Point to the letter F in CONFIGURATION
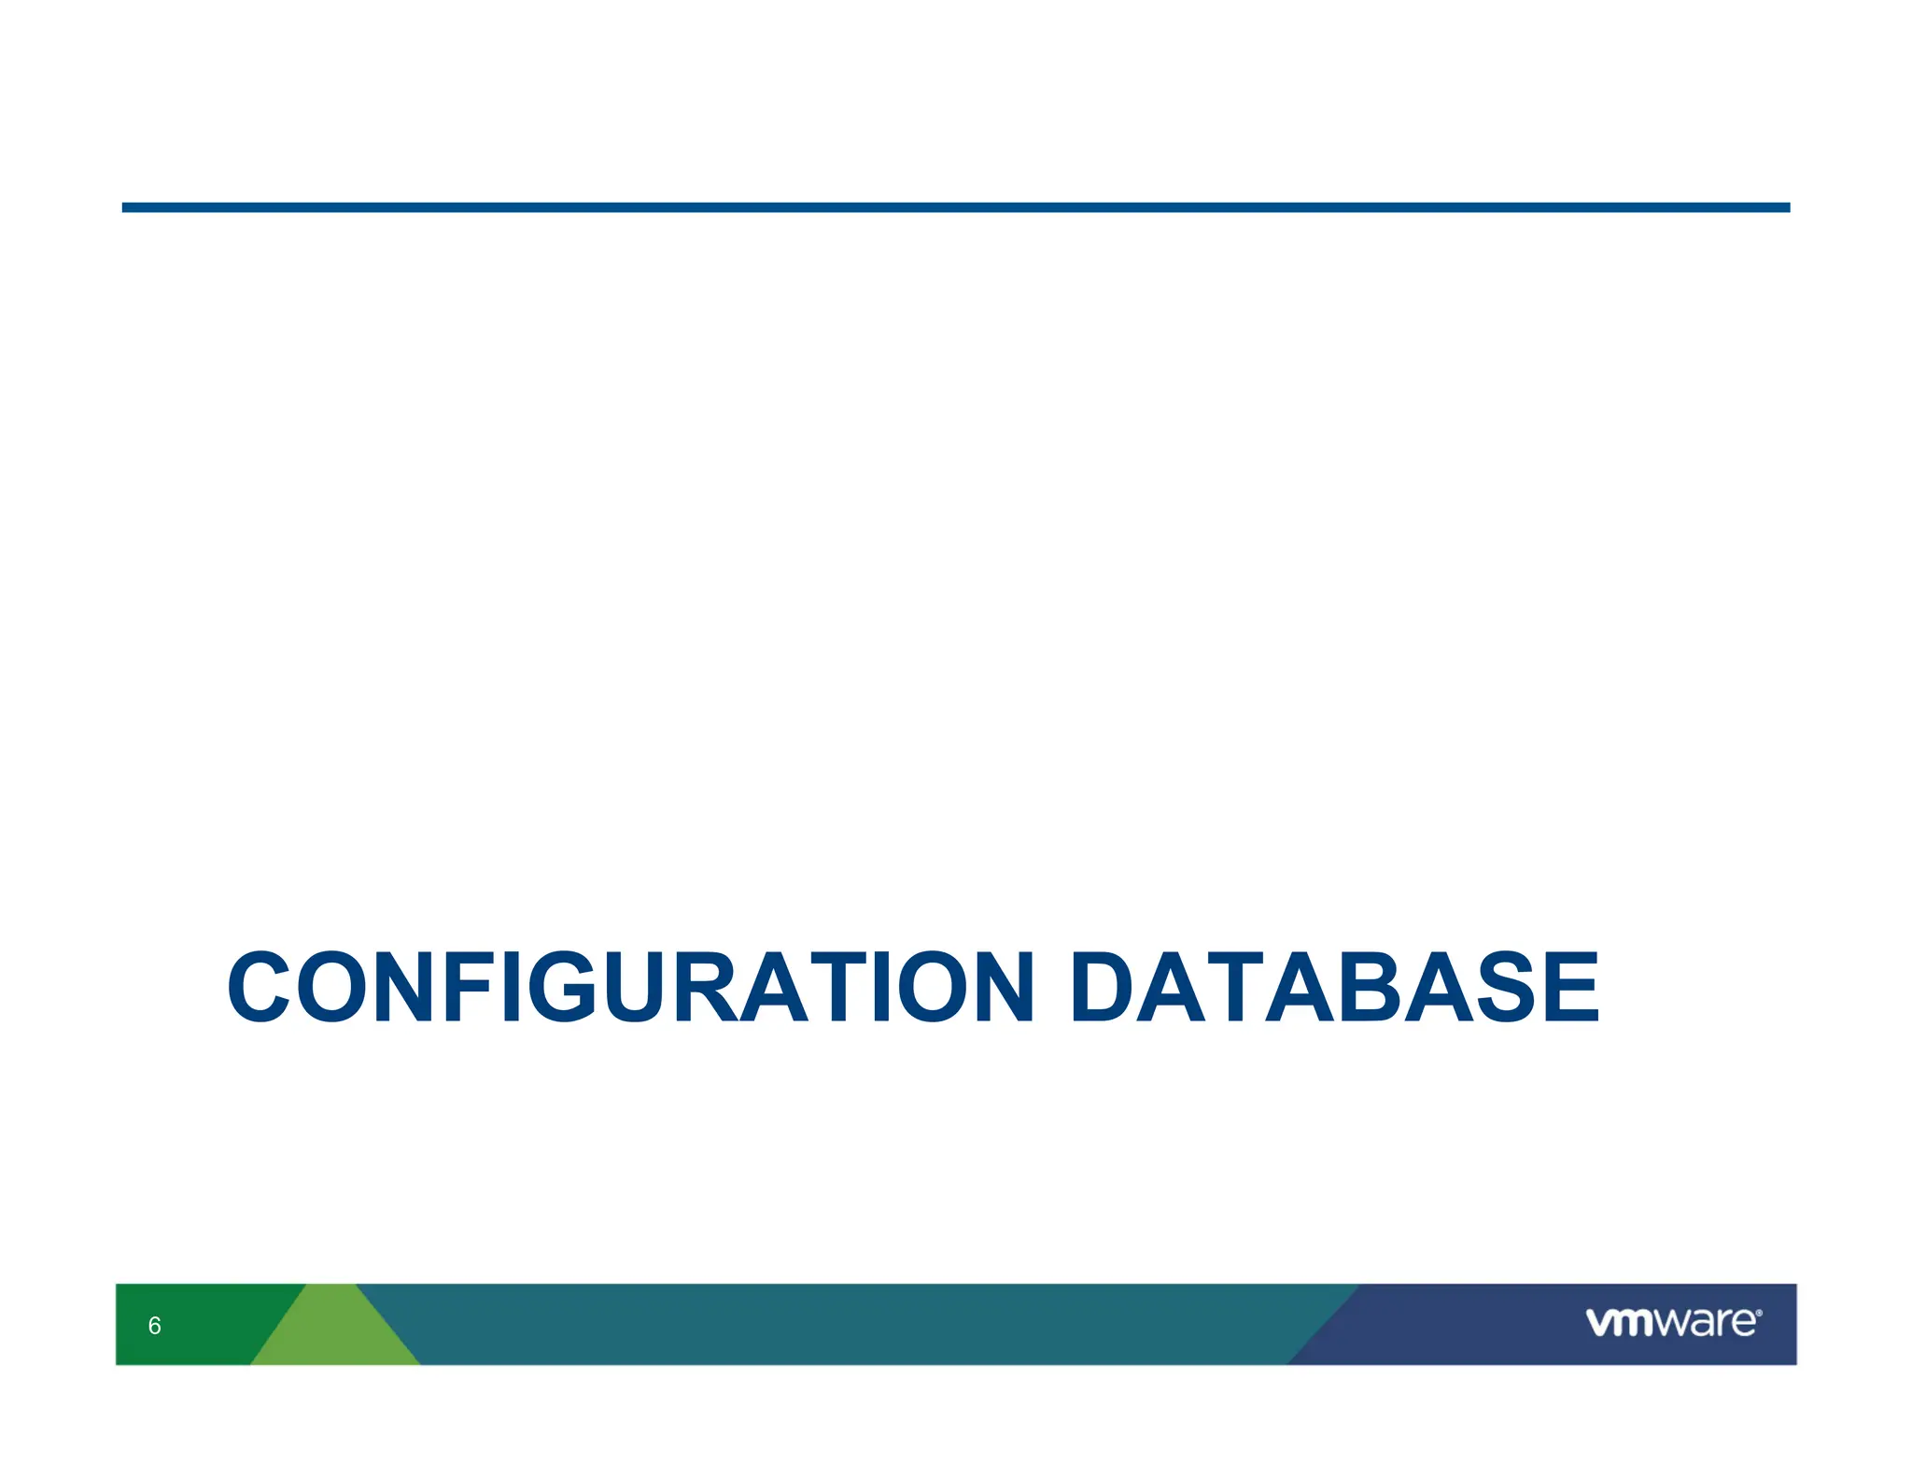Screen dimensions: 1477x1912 pos(472,988)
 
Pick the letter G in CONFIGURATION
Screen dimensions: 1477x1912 pos(562,988)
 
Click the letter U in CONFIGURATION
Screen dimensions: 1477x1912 pos(642,988)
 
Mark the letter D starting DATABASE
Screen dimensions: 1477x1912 pos(1110,988)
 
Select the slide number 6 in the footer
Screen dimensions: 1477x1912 pos(155,1326)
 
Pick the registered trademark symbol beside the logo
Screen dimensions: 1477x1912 pos(1759,1313)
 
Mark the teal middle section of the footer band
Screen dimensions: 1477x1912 pos(840,1324)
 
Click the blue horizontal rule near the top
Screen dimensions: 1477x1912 pos(956,207)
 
